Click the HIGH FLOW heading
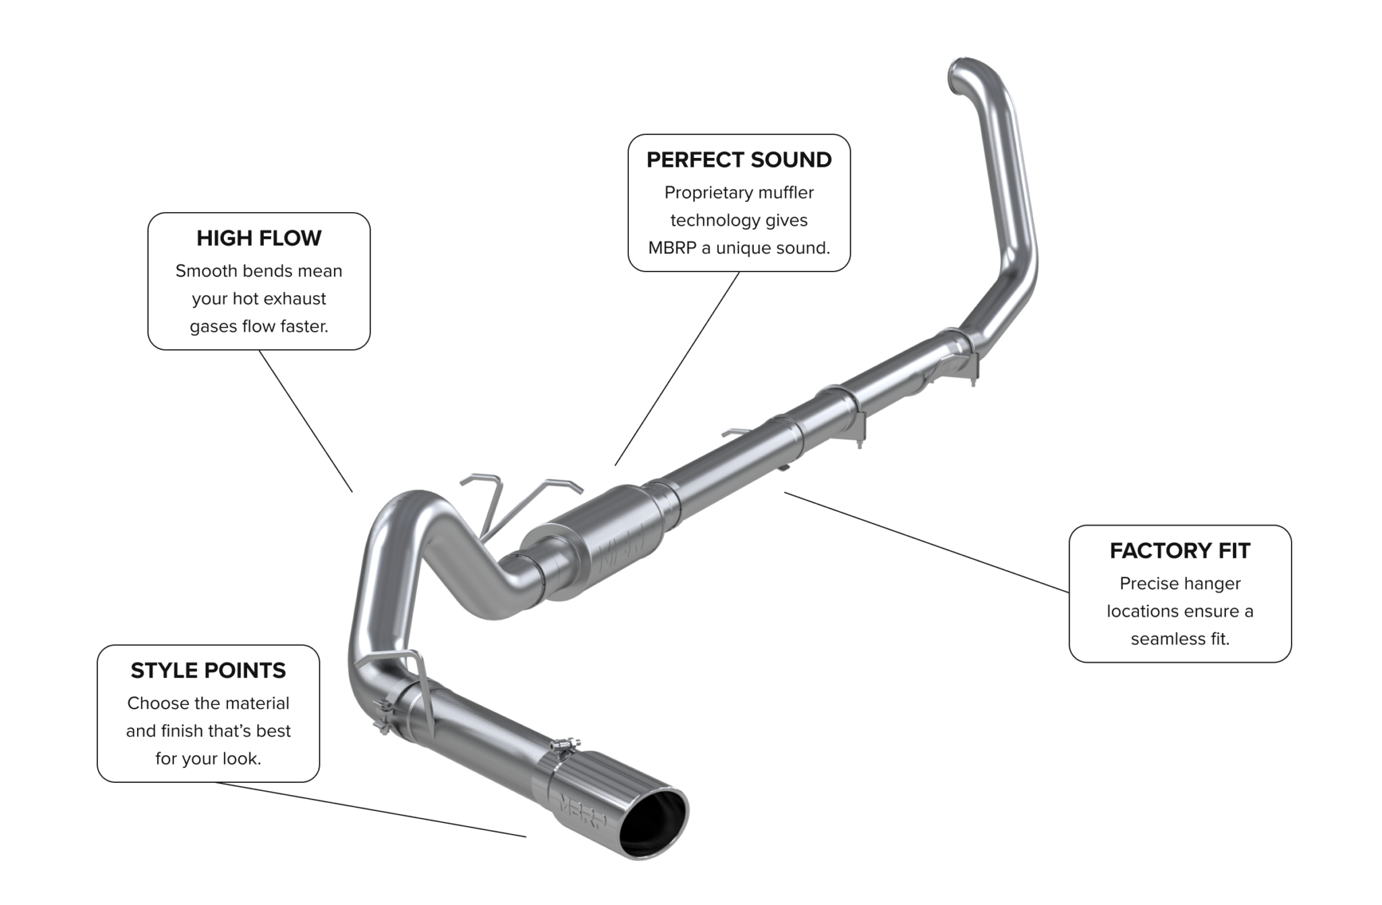(259, 238)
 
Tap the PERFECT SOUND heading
(739, 160)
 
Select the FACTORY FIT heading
(1180, 551)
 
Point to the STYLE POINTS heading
(208, 671)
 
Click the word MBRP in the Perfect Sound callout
(672, 248)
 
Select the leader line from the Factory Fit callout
(924, 542)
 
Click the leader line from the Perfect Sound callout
(677, 369)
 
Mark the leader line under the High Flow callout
(305, 420)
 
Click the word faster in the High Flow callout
(304, 326)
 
